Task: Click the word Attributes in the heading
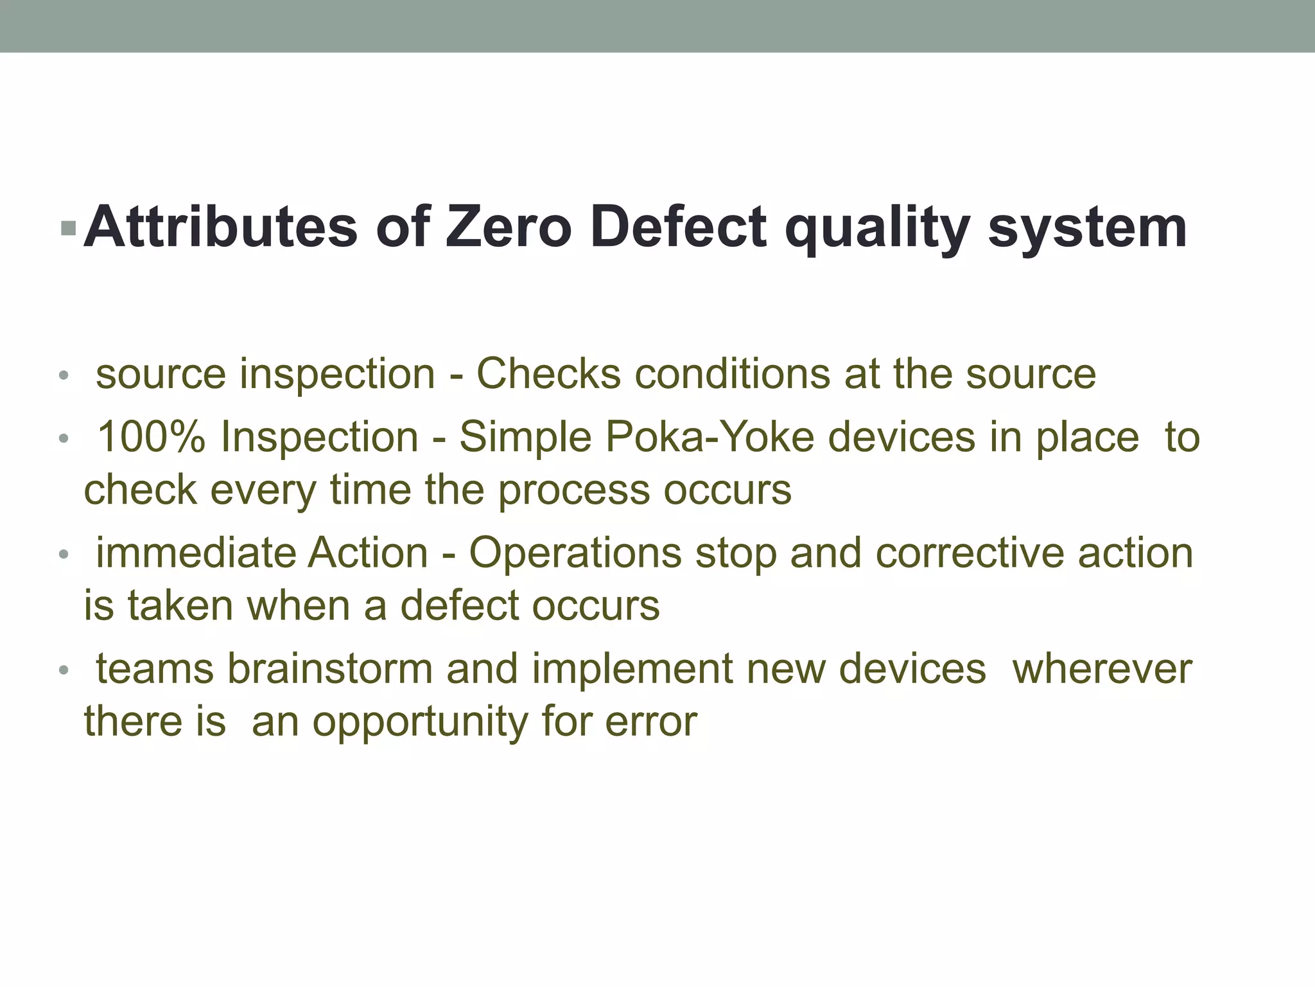(x=220, y=227)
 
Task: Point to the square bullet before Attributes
(x=67, y=227)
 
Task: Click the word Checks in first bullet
(x=548, y=373)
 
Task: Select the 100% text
(x=151, y=437)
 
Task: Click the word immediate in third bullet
(x=195, y=553)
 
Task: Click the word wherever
(x=1102, y=668)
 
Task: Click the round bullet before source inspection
(x=63, y=376)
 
